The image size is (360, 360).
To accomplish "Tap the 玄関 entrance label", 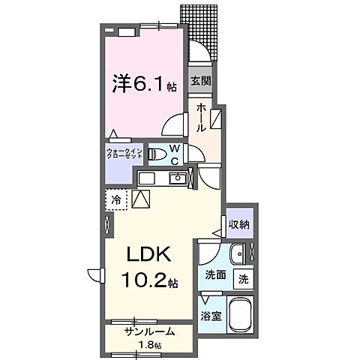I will (x=200, y=81).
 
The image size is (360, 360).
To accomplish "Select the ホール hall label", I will (x=201, y=118).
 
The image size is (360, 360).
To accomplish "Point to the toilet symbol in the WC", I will (x=158, y=154).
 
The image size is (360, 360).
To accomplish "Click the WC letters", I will (x=174, y=154).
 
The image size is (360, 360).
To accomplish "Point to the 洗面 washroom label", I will (x=215, y=274).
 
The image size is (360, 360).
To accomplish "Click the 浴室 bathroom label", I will (x=211, y=316).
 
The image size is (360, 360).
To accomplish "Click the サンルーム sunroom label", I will (x=150, y=331).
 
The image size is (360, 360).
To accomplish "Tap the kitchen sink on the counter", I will (x=178, y=178).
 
